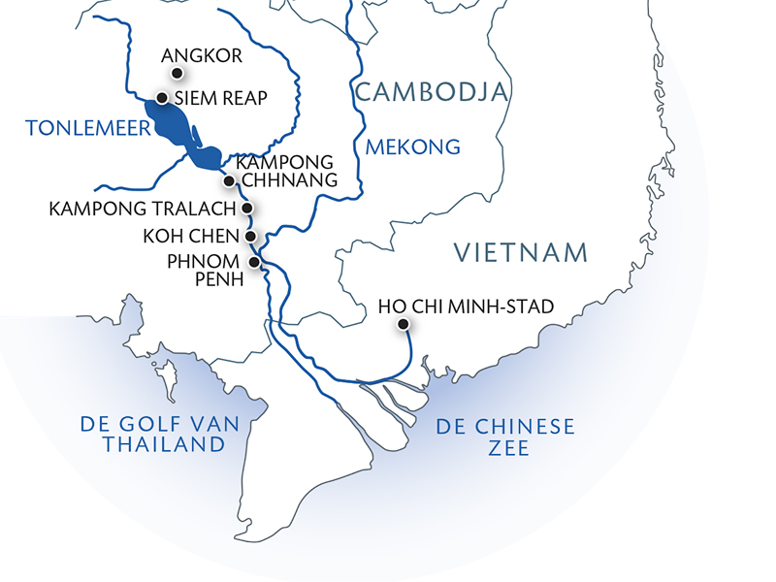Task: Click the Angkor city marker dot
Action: pyautogui.click(x=177, y=74)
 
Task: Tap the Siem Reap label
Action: pyautogui.click(x=219, y=98)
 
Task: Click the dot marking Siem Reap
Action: pyautogui.click(x=162, y=98)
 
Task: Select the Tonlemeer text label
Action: pyautogui.click(x=75, y=128)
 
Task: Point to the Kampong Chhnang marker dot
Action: pyautogui.click(x=229, y=180)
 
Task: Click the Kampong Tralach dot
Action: pyautogui.click(x=247, y=208)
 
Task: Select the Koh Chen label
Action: pyautogui.click(x=190, y=235)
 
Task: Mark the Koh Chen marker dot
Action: pyautogui.click(x=250, y=235)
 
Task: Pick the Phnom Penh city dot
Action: pyautogui.click(x=254, y=262)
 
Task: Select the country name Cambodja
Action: pyautogui.click(x=432, y=92)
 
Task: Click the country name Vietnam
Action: pyautogui.click(x=522, y=253)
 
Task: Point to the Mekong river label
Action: pyautogui.click(x=412, y=147)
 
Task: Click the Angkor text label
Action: pyautogui.click(x=203, y=55)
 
